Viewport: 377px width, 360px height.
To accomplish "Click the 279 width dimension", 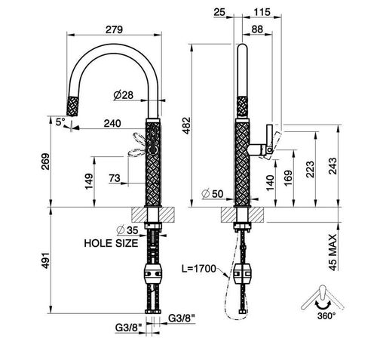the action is click(114, 29).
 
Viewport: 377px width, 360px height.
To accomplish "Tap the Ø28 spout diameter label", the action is click(123, 95).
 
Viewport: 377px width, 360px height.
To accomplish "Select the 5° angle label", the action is click(60, 122).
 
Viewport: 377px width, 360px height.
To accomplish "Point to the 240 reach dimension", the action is click(112, 124).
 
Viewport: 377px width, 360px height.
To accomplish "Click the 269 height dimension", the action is click(46, 162).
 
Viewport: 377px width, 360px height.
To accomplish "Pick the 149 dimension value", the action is click(89, 181).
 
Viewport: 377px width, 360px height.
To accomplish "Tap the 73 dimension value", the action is click(115, 178).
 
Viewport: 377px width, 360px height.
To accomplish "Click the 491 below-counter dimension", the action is click(46, 260).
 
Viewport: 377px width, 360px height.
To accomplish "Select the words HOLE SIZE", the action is click(111, 243).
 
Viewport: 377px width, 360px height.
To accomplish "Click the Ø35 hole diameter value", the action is click(127, 230).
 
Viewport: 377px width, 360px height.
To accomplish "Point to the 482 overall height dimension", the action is click(186, 125).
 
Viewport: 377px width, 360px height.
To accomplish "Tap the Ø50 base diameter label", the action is click(213, 194).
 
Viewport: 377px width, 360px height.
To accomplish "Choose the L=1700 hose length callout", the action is click(199, 269).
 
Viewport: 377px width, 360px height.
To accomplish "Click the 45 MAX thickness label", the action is click(333, 252).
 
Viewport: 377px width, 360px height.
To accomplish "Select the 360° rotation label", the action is click(326, 316).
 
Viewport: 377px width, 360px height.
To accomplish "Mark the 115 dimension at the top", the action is click(262, 12).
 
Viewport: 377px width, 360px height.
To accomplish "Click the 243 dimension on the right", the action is click(333, 166).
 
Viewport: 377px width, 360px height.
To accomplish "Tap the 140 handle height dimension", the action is click(270, 183).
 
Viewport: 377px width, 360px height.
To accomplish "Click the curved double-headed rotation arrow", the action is click(323, 305).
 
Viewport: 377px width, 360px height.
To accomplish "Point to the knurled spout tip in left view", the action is click(72, 106).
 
